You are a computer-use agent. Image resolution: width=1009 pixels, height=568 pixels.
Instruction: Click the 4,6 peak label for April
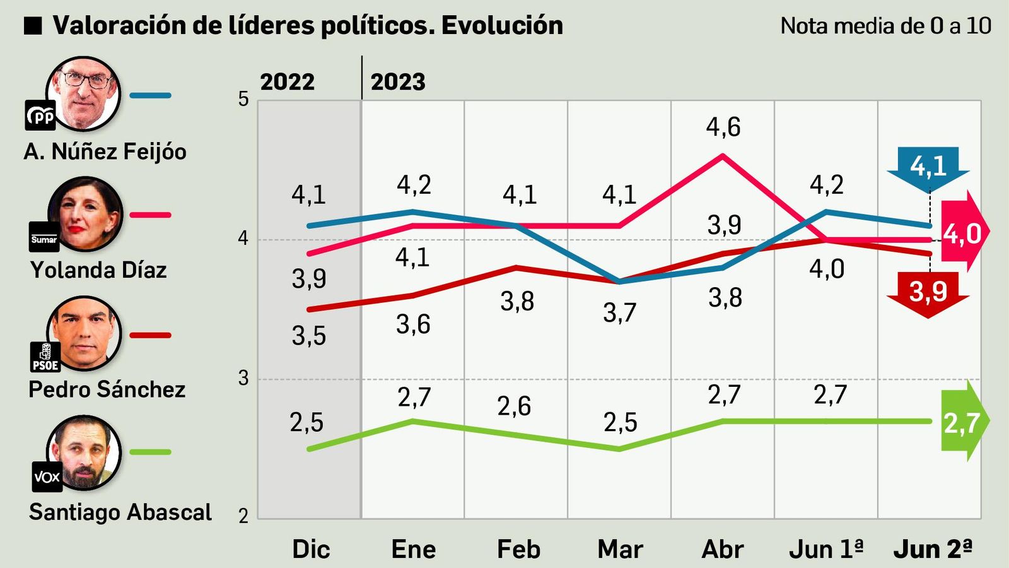(x=723, y=127)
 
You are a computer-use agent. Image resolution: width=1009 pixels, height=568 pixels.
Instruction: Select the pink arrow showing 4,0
(x=963, y=233)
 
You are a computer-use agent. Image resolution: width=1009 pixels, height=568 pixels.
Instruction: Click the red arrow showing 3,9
(x=928, y=292)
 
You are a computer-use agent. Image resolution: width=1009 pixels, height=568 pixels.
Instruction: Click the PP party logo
(x=40, y=115)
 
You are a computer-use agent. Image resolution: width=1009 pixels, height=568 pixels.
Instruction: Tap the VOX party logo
(x=47, y=476)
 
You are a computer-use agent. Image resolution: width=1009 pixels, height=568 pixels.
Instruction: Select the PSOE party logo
(x=45, y=357)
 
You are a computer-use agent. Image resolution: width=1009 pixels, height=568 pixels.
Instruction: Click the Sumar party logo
(x=44, y=238)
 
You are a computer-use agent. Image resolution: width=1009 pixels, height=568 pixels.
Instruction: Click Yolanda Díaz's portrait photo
(x=85, y=213)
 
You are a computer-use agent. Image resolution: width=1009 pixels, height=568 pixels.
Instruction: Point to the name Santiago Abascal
(x=120, y=512)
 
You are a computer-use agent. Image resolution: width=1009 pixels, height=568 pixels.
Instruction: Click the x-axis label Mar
(x=620, y=549)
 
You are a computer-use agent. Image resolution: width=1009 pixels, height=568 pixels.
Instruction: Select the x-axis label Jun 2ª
(x=933, y=549)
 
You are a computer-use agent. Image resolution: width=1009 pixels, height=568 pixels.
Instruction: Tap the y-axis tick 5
(x=243, y=99)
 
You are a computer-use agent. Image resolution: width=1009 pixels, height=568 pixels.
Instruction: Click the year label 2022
(x=287, y=82)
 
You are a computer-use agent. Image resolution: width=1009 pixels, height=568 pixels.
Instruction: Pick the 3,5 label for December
(x=308, y=336)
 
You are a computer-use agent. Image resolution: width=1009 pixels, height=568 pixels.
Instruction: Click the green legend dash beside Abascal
(x=150, y=452)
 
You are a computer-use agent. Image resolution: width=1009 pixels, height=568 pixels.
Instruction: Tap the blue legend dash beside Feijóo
(x=150, y=96)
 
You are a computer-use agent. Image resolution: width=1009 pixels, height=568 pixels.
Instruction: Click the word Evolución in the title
(x=502, y=25)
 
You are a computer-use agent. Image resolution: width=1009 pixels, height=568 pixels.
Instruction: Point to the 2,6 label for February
(x=514, y=406)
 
